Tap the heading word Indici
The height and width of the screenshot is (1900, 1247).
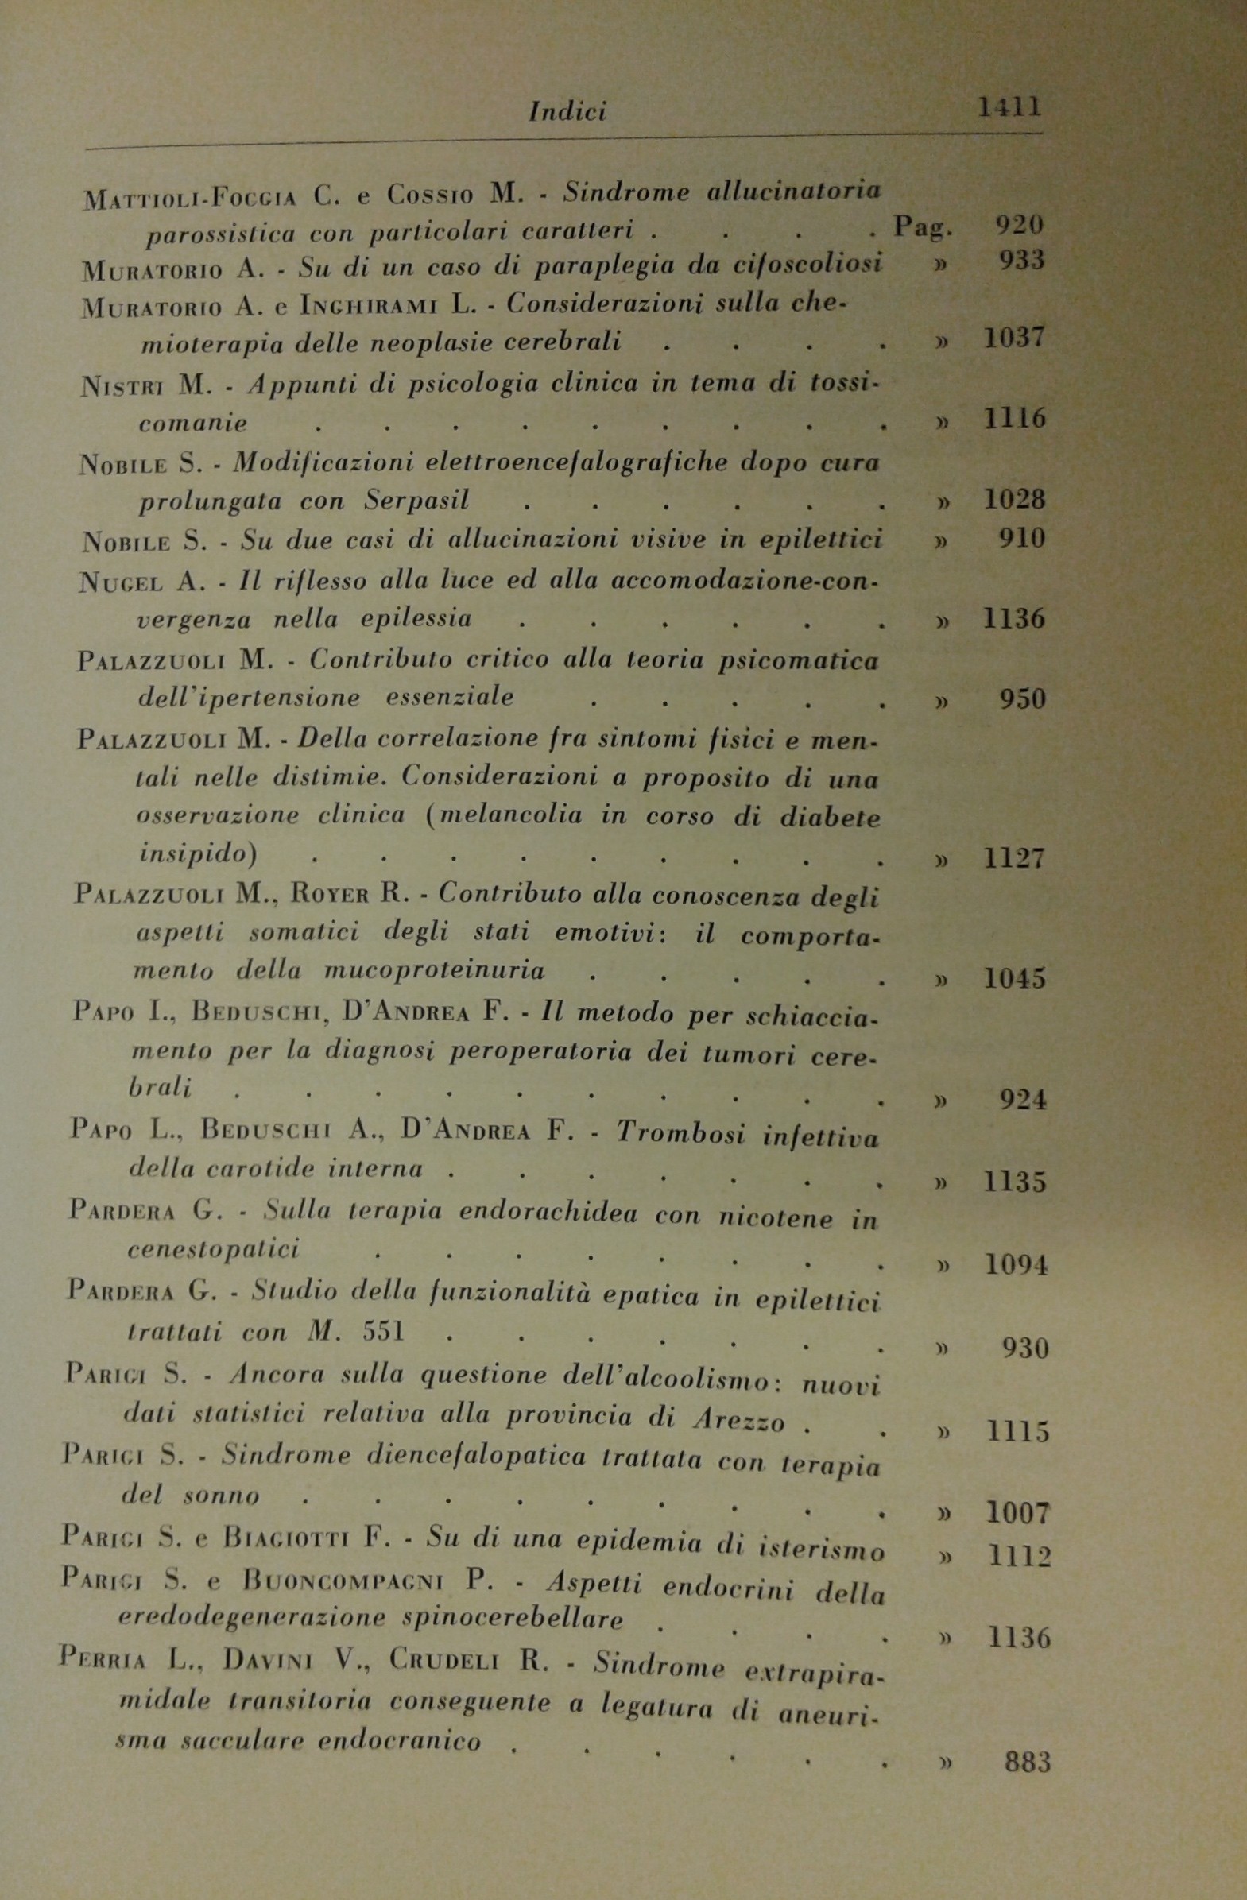567,112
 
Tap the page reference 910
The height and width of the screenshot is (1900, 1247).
1021,540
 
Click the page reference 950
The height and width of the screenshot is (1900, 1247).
1021,700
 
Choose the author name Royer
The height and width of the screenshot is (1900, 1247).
329,895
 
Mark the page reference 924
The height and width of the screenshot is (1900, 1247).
1023,1101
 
